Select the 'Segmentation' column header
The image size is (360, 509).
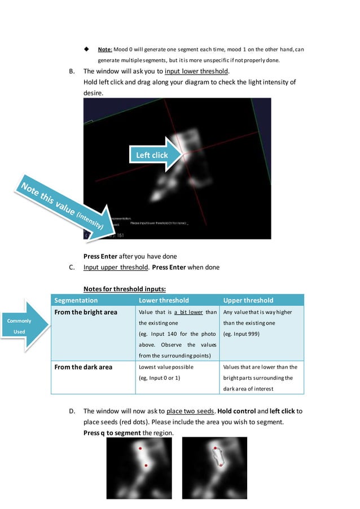pos(76,300)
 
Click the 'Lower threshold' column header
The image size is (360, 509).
pos(164,300)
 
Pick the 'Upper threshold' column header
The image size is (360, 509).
pos(248,300)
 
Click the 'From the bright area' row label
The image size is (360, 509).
pos(85,312)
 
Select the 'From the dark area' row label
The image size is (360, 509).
pos(83,367)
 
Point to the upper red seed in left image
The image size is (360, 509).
pos(141,449)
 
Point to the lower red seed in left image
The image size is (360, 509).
pos(146,466)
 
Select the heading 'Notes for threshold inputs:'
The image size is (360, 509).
pos(124,289)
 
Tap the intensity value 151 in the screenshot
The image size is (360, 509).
pos(120,236)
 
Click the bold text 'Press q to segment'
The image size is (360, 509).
pos(112,432)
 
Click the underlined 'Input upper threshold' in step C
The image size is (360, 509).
pos(112,267)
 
